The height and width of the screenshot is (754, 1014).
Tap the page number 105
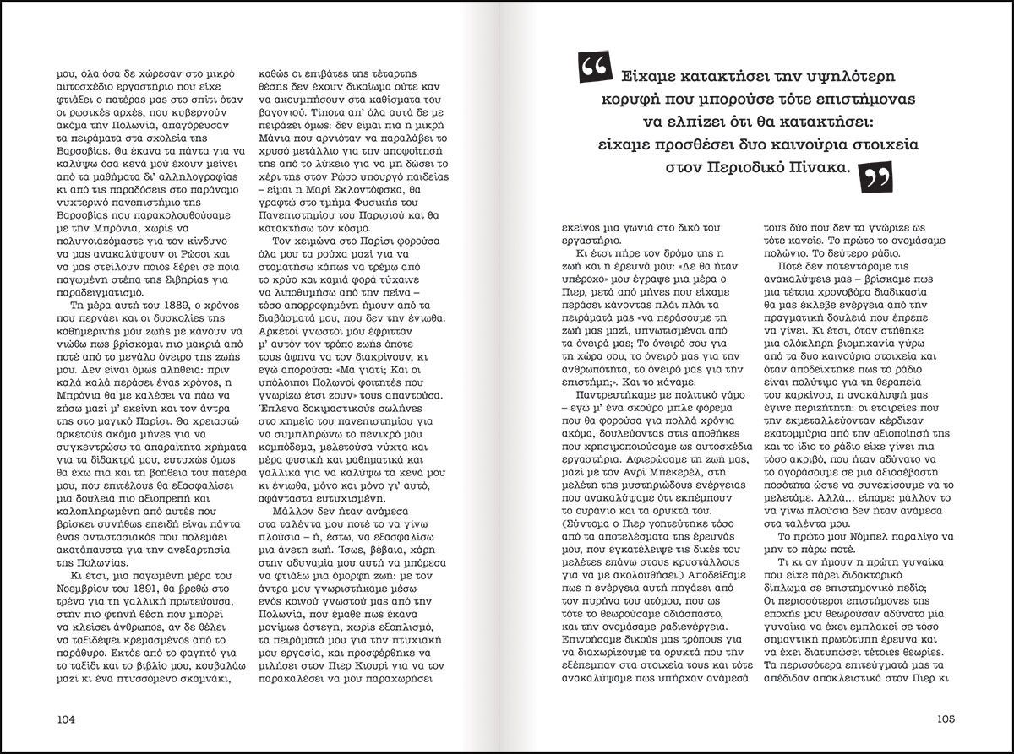(x=945, y=719)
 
